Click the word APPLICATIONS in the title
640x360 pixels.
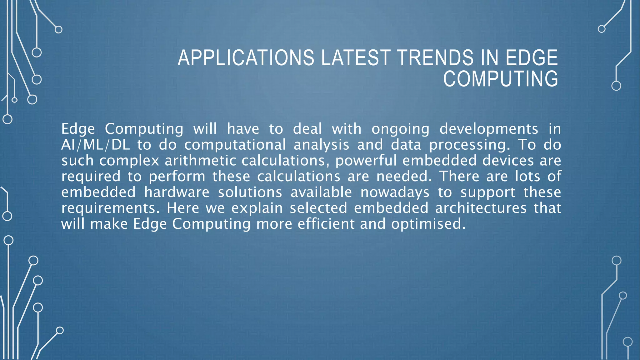pyautogui.click(x=246, y=58)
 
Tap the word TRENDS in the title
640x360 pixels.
pyautogui.click(x=436, y=58)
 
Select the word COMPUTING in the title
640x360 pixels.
pyautogui.click(x=500, y=79)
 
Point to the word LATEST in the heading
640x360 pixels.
pyautogui.click(x=356, y=58)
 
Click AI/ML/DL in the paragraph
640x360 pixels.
pyautogui.click(x=95, y=145)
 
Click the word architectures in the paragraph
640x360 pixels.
pyautogui.click(x=481, y=208)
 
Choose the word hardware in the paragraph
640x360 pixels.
pyautogui.click(x=177, y=192)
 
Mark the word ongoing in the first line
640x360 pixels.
pyautogui.click(x=400, y=129)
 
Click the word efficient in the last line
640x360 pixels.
pyautogui.click(x=326, y=224)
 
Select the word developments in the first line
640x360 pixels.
pyautogui.click(x=489, y=129)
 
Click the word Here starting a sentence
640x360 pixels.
pyautogui.click(x=183, y=208)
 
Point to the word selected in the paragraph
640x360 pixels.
pyautogui.click(x=318, y=208)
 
